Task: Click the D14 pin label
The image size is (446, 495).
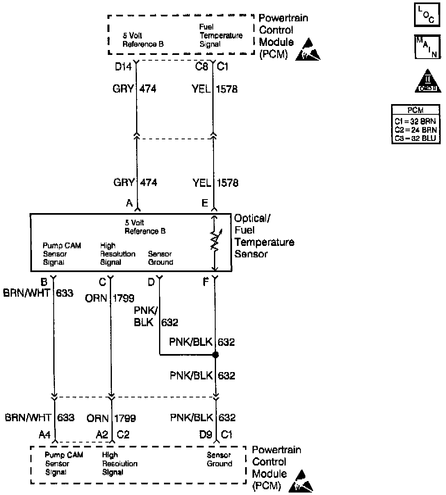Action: [x=123, y=67]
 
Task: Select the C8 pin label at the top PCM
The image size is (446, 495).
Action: [x=202, y=67]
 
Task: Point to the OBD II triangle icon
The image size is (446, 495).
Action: [x=426, y=81]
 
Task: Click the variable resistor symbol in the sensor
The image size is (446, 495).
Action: [x=214, y=242]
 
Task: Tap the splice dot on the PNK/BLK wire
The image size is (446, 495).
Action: [x=216, y=355]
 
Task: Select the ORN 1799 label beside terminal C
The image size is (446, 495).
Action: [x=109, y=298]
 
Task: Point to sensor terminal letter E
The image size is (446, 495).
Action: [x=205, y=203]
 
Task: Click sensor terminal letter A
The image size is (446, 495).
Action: [x=130, y=203]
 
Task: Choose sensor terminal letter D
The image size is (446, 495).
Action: [x=151, y=282]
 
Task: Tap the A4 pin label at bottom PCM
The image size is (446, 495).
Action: [x=44, y=434]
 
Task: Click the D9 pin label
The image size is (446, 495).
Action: [x=205, y=434]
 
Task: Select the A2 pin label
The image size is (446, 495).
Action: [x=102, y=434]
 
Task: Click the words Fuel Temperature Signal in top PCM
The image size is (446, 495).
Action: [x=221, y=36]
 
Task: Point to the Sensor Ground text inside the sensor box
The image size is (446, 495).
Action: [x=160, y=258]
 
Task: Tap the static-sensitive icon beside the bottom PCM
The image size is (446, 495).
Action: [x=301, y=482]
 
